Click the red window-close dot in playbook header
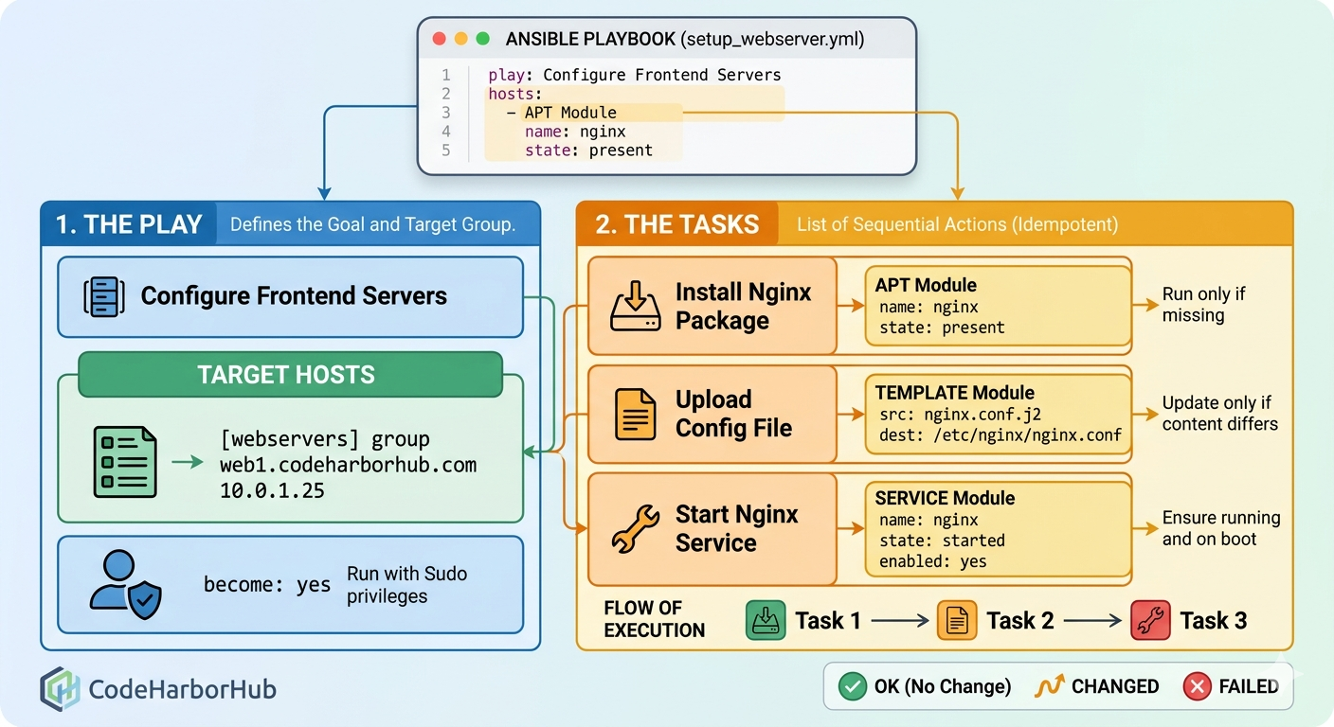pyautogui.click(x=439, y=39)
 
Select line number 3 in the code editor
pyautogui.click(x=446, y=113)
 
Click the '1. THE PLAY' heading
pyautogui.click(x=129, y=224)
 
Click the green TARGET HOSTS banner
pyautogui.click(x=286, y=374)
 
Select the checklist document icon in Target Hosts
pyautogui.click(x=125, y=462)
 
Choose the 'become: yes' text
pyautogui.click(x=266, y=585)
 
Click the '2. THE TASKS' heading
pyautogui.click(x=676, y=224)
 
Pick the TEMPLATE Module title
pyautogui.click(x=954, y=393)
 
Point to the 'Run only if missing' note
pyautogui.click(x=1203, y=305)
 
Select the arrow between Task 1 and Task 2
pyautogui.click(x=899, y=621)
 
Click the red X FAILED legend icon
pyautogui.click(x=1198, y=686)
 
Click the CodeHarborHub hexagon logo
pyautogui.click(x=61, y=688)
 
